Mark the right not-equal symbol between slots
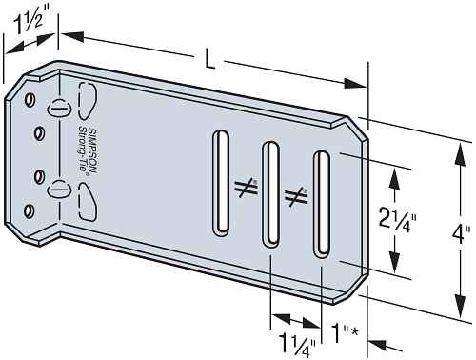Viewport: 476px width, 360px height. pos(297,197)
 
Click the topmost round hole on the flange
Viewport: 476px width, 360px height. pos(30,99)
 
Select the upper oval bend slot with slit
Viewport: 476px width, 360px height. pos(60,106)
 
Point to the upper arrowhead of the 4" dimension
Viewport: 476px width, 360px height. pos(467,141)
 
